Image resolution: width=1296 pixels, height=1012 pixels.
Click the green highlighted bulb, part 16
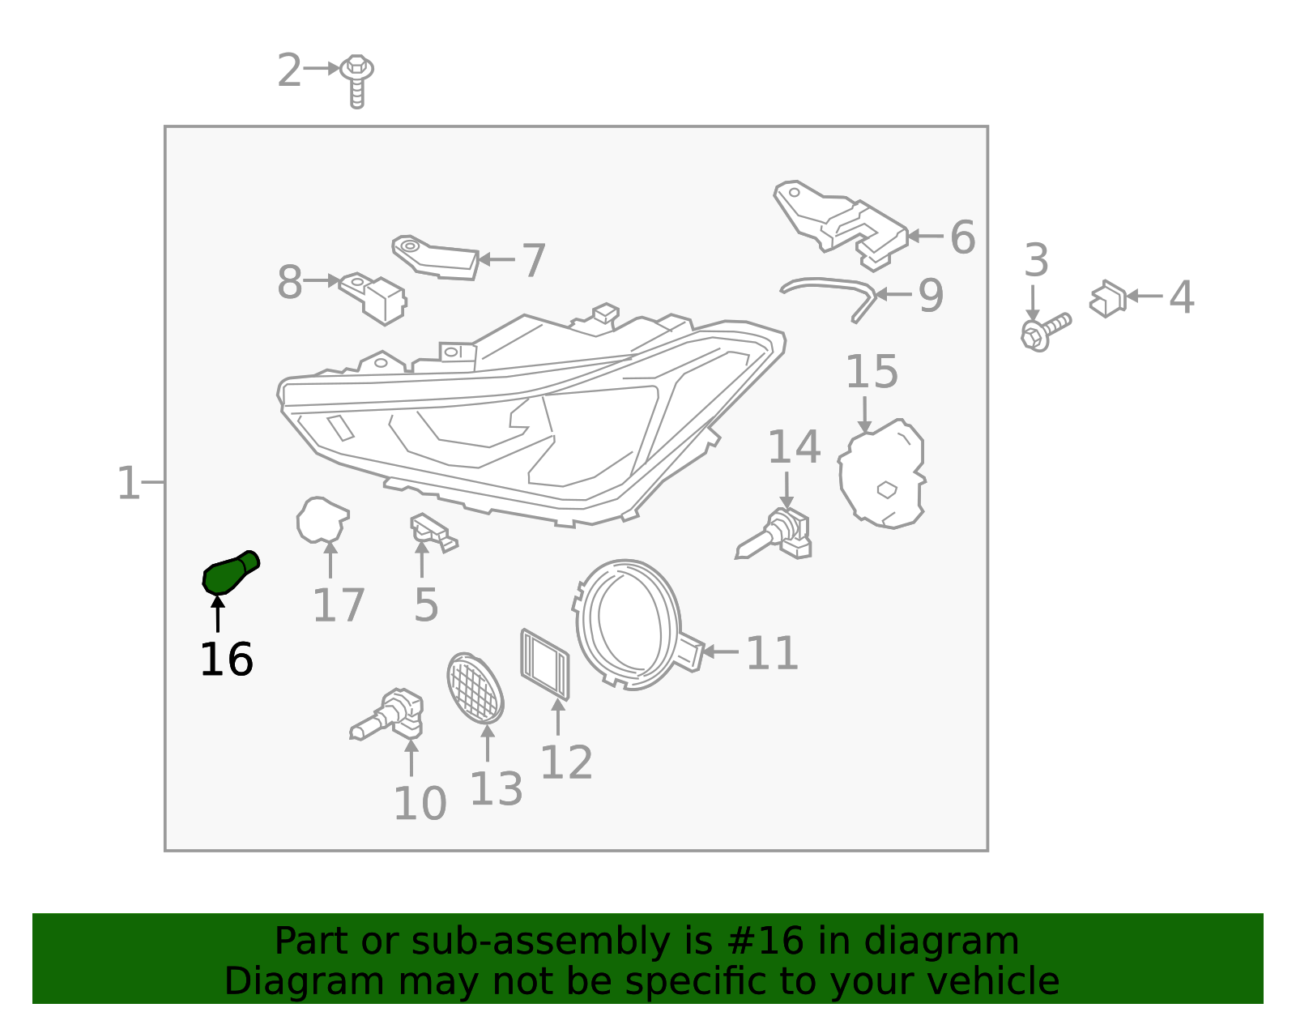pos(230,572)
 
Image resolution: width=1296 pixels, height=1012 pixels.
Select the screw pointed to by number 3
pos(1045,331)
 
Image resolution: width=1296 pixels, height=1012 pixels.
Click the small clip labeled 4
pos(1107,298)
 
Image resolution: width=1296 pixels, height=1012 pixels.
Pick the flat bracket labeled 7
pos(437,258)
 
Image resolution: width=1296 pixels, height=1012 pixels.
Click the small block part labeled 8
pos(374,296)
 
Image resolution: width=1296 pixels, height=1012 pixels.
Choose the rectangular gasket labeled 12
pos(545,664)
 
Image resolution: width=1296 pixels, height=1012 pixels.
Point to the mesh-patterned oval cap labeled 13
pos(475,687)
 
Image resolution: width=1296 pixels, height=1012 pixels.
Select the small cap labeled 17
pos(322,519)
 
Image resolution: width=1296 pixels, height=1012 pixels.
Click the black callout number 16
pos(226,660)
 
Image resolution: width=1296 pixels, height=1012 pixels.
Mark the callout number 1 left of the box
pos(128,483)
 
